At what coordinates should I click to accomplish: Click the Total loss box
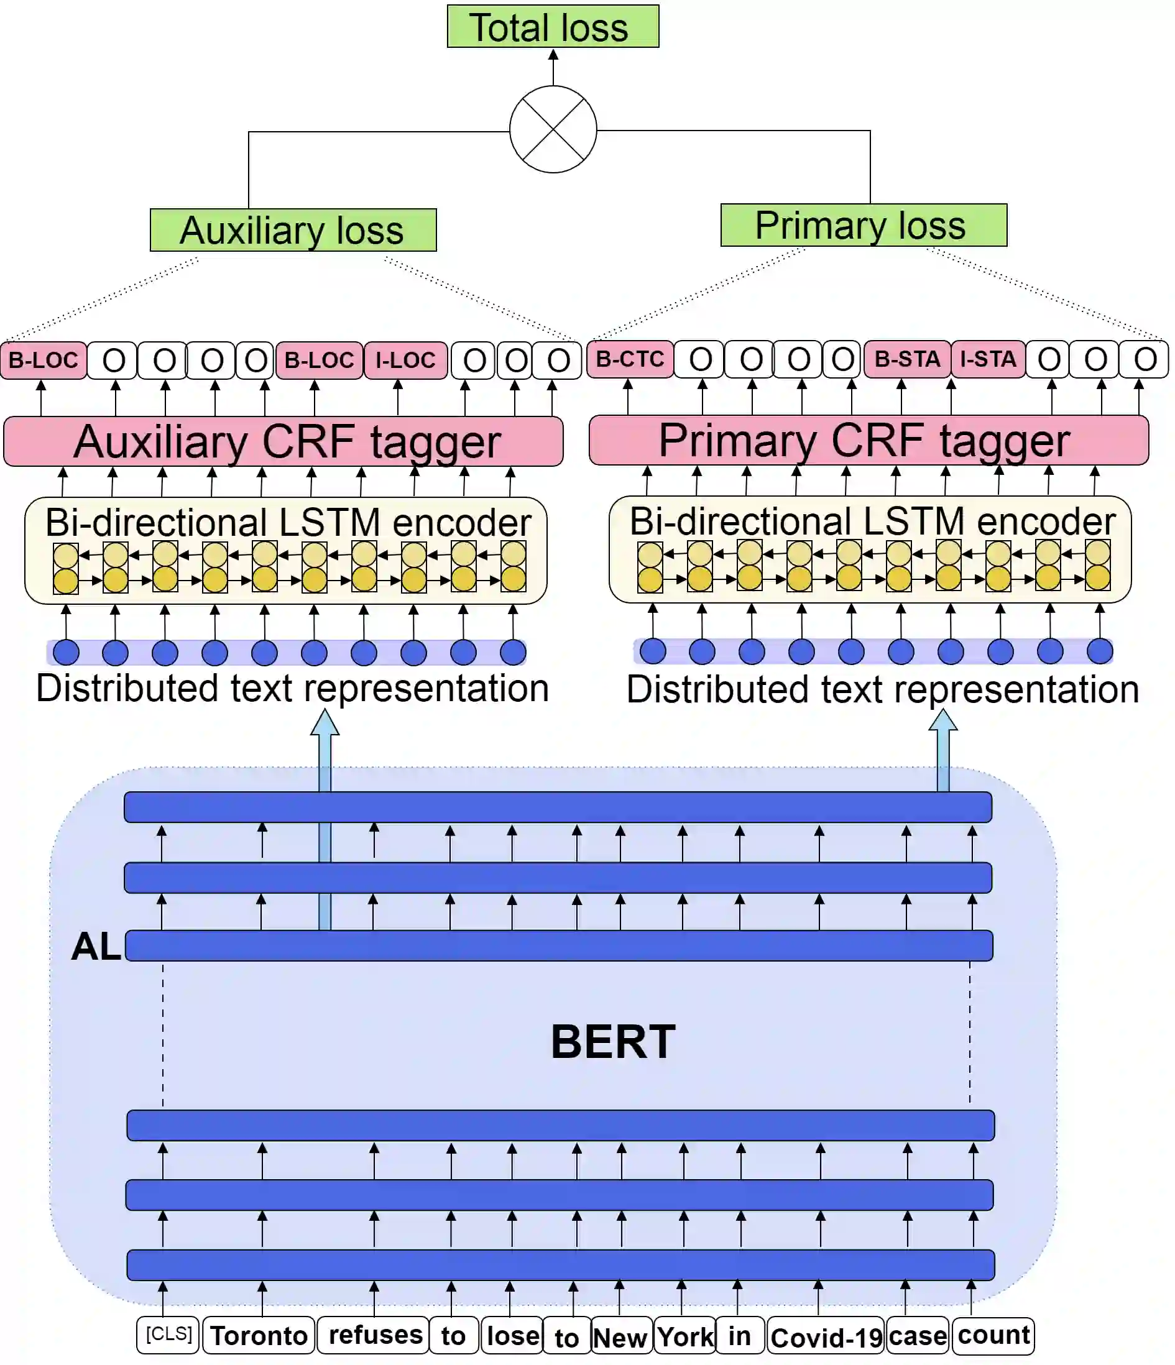552,26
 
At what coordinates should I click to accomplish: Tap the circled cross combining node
553,129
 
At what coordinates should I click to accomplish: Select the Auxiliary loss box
293,230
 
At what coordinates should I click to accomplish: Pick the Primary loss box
864,225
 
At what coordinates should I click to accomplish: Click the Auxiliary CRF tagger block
283,441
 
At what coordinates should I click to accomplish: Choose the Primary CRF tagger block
868,439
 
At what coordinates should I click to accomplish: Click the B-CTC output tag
629,359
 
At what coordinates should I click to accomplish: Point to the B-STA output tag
907,359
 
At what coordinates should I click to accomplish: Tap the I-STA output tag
988,359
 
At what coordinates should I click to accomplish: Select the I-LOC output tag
405,361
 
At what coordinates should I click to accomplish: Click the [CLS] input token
168,1334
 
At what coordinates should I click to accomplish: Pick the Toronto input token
259,1335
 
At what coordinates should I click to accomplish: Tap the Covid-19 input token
826,1337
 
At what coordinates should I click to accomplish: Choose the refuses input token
374,1335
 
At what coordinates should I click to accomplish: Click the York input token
684,1336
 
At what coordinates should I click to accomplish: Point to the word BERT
613,1042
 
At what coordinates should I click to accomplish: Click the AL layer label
96,946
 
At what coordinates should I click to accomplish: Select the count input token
993,1335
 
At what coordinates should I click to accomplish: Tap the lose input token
512,1335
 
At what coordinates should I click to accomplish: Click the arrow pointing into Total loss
553,66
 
